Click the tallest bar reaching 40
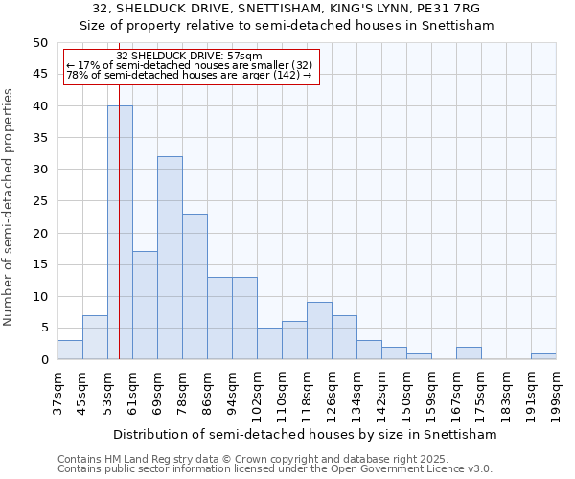point(120,233)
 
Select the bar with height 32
point(170,258)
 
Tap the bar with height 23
point(195,286)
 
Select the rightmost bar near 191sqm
point(543,356)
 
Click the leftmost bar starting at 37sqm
point(70,350)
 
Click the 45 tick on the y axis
point(40,74)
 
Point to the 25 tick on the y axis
point(40,201)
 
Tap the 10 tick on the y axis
point(40,296)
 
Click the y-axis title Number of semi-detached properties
point(10,207)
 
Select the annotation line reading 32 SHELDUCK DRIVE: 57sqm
point(189,56)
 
